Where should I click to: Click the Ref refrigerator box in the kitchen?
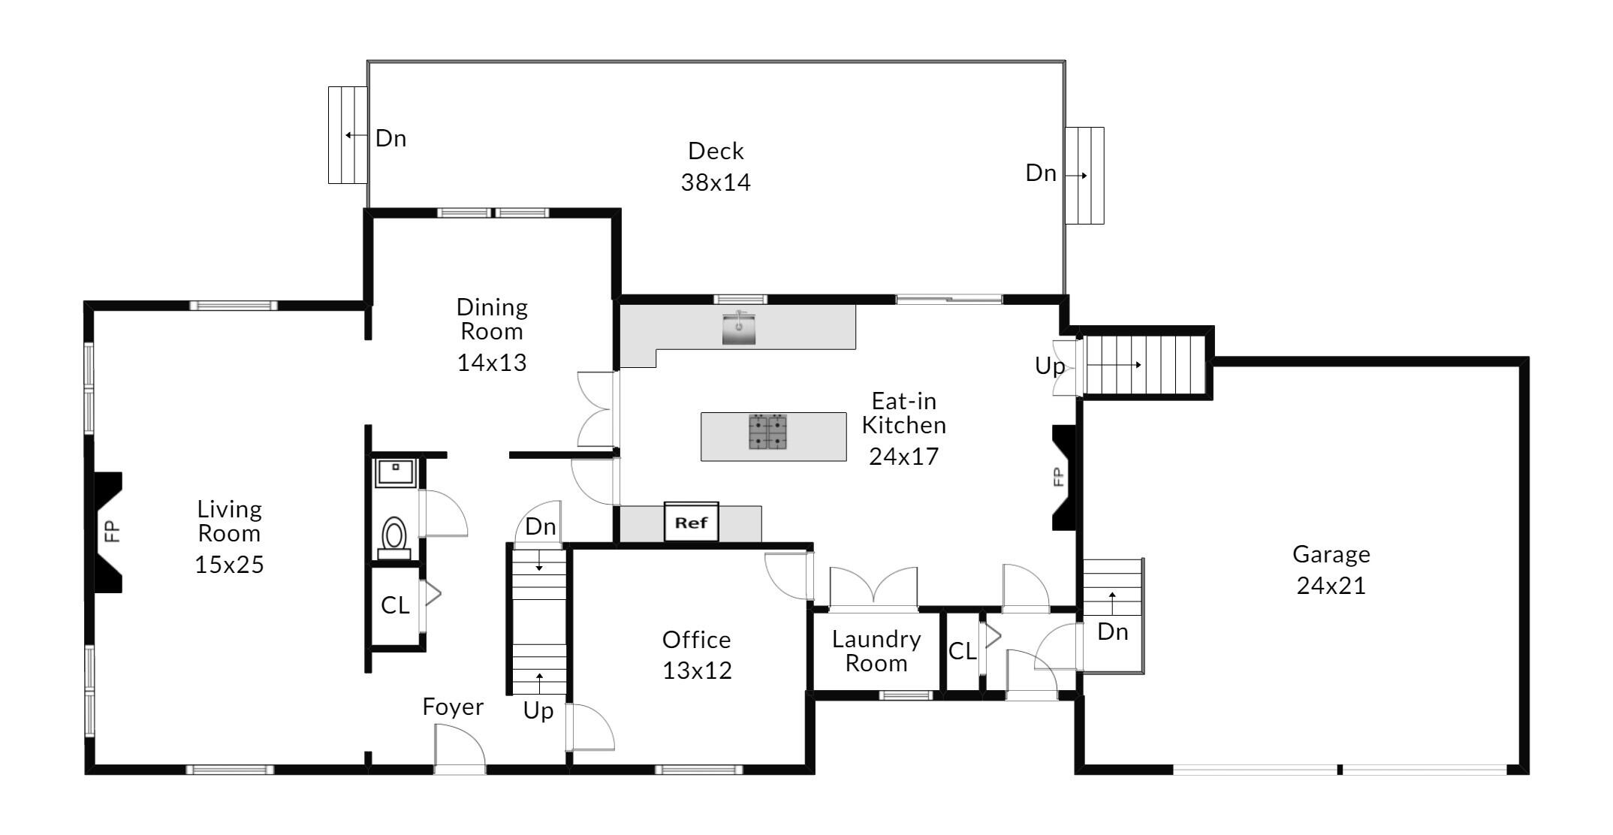point(691,522)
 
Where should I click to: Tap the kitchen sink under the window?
point(739,329)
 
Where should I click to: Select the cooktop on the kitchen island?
point(767,432)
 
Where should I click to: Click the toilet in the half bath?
point(394,538)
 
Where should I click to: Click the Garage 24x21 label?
point(1331,570)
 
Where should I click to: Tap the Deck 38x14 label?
point(716,167)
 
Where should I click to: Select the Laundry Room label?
point(876,651)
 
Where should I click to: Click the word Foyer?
point(453,707)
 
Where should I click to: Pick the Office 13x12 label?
point(697,655)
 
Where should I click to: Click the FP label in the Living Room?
point(112,532)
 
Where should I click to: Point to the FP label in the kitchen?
point(1057,477)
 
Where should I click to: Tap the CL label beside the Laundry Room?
point(962,651)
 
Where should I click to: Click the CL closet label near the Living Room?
point(395,605)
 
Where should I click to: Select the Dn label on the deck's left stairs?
point(390,138)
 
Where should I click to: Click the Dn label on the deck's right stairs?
point(1041,173)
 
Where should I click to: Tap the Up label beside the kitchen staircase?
point(1050,366)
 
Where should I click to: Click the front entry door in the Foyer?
point(460,751)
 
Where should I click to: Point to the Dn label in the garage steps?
point(1112,632)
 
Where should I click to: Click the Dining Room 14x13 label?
point(492,335)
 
